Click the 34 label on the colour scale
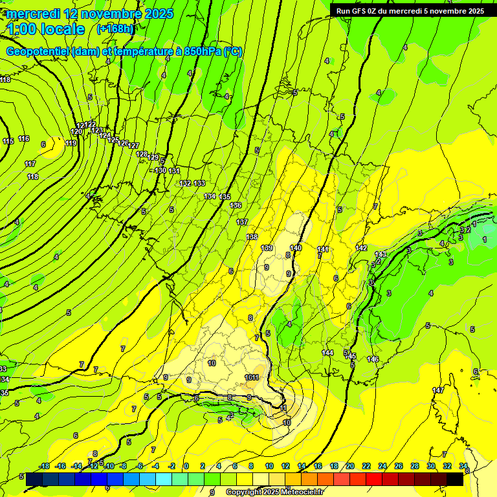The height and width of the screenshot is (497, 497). point(463,466)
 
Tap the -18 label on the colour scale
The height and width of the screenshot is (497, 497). point(44,466)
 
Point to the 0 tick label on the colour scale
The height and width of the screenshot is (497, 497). point(186,466)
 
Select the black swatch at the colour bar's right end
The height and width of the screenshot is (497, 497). point(456,479)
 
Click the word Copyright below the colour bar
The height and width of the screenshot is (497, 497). point(244,492)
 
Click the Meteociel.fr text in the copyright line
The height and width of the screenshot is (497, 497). point(303,492)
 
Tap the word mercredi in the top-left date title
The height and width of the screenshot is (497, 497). point(33,14)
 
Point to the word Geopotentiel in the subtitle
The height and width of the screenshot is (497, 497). point(38,52)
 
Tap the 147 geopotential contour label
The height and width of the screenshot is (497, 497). point(438,390)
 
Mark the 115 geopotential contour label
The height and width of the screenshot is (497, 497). point(8,141)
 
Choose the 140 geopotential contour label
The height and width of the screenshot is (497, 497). point(296,248)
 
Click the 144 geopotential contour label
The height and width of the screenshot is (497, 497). point(327,353)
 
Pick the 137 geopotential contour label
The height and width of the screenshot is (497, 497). point(242,222)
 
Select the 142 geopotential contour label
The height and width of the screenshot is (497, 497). point(361,248)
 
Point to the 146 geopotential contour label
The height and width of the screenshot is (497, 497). point(373,359)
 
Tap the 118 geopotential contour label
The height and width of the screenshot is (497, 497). point(32,177)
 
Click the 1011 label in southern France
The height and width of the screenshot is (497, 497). point(252,377)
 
